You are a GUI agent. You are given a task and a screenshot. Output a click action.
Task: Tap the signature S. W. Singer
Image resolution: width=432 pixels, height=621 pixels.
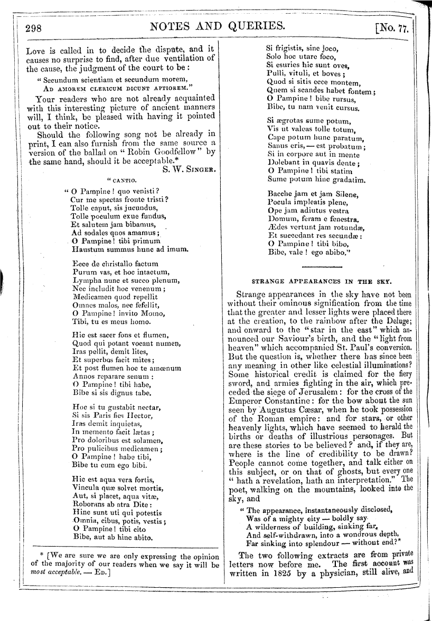pos(189,170)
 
